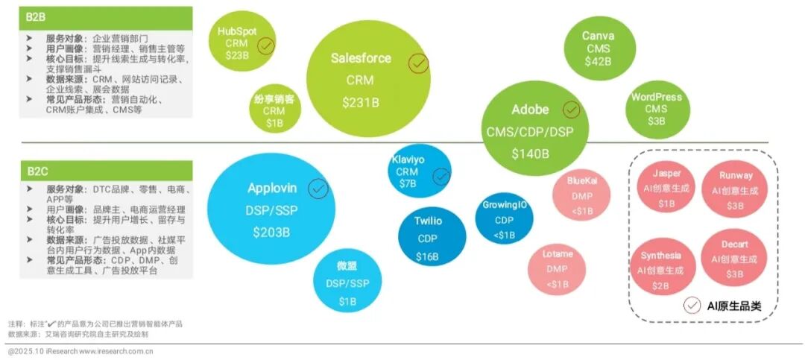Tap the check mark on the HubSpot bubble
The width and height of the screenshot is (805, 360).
pos(266,47)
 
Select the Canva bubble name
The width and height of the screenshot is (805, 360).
pos(598,36)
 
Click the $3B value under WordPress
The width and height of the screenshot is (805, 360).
pos(656,121)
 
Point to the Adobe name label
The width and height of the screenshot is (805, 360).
pos(530,110)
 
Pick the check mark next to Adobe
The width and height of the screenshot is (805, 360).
pos(571,110)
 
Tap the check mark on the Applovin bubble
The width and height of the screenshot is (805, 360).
pos(318,189)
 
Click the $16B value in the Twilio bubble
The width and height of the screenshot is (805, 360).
pos(427,256)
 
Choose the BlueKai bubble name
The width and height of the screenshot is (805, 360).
pos(581,180)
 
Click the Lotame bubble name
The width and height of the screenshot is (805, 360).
pos(557,254)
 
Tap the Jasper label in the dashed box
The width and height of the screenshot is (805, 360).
pos(666,174)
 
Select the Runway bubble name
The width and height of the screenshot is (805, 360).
pos(736,176)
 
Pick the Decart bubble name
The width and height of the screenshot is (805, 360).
pos(735,244)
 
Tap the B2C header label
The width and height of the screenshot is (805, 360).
pos(36,170)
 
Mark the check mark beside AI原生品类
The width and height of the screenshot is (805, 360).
pos(692,305)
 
